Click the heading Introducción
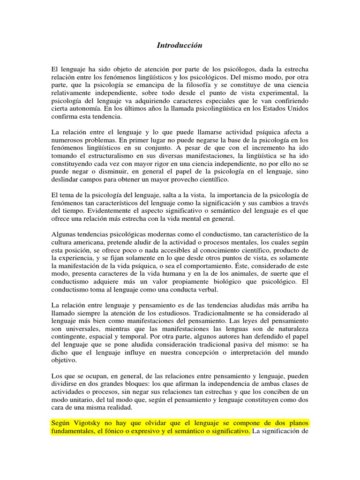179,45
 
